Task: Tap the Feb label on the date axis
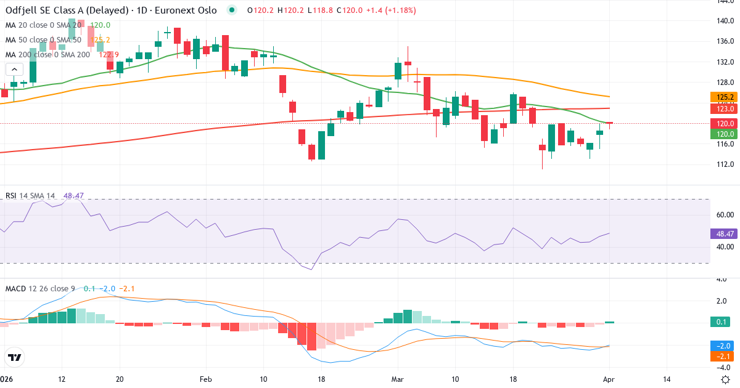(x=205, y=379)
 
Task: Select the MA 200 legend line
(x=48, y=54)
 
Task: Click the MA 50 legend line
(x=43, y=40)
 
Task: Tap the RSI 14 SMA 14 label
(x=30, y=196)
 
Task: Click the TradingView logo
(x=15, y=357)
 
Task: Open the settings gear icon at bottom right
(x=725, y=379)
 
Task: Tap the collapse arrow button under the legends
(x=14, y=69)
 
